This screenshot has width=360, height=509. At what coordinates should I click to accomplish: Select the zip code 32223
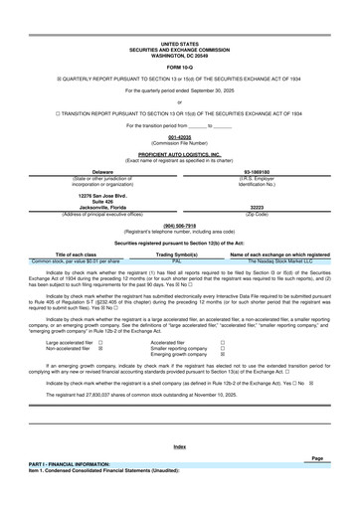click(x=270, y=180)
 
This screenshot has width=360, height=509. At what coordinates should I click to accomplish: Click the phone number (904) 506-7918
click(x=179, y=197)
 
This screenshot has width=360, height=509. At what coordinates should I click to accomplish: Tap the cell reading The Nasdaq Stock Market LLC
click(x=270, y=232)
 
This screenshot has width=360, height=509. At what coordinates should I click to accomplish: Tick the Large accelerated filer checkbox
click(x=100, y=311)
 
